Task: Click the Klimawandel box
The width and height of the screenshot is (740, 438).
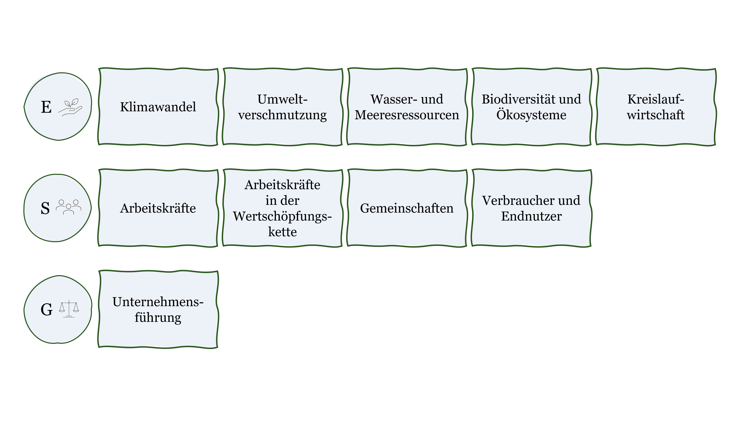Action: coord(158,107)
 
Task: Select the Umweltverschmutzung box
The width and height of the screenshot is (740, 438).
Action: coord(282,107)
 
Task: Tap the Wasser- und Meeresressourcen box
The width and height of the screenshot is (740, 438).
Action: coord(407,107)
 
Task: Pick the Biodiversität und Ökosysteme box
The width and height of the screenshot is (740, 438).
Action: coord(531,107)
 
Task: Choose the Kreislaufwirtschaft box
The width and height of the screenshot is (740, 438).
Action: coord(656,107)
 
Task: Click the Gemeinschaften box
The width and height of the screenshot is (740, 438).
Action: coord(407,208)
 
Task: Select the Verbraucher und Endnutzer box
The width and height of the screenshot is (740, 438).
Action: coord(531,208)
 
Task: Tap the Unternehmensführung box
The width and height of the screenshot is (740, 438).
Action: coord(158,310)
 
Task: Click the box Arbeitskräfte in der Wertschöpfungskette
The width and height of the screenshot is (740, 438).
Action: coord(282,208)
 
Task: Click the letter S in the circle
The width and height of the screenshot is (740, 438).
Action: coord(45,208)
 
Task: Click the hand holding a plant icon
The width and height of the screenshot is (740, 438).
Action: coord(70,107)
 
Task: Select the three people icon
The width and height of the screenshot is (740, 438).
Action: coord(69,207)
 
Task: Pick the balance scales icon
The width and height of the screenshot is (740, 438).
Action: coord(69,309)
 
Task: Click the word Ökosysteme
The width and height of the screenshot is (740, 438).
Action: coord(531,115)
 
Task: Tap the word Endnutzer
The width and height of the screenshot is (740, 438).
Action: coord(531,216)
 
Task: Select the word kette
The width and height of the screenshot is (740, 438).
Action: coord(282,232)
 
